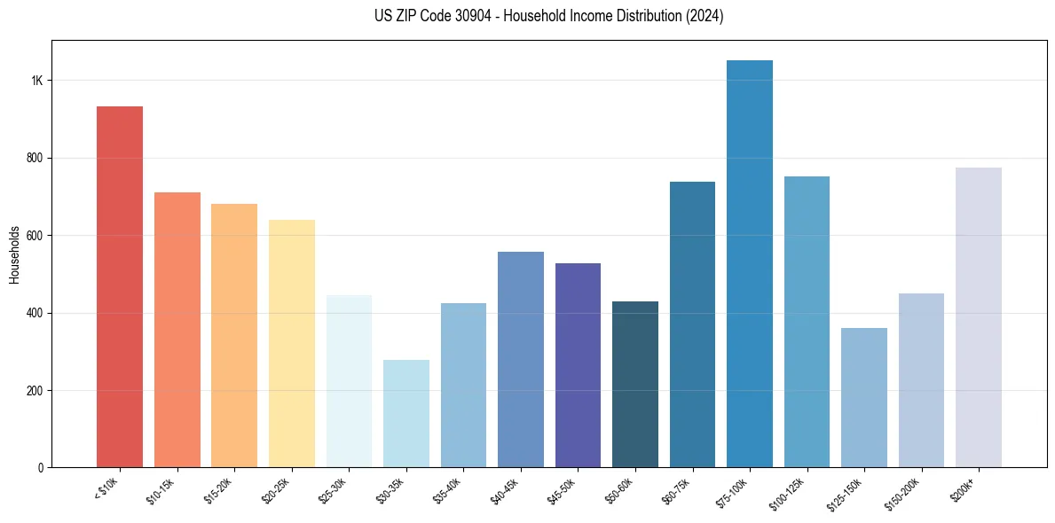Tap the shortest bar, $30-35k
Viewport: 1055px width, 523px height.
click(x=405, y=413)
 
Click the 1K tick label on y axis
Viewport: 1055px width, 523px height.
click(x=36, y=81)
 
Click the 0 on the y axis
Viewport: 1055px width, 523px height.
click(x=40, y=468)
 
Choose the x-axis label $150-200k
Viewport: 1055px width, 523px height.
click(x=903, y=492)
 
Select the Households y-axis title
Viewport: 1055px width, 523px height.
click(x=14, y=254)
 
